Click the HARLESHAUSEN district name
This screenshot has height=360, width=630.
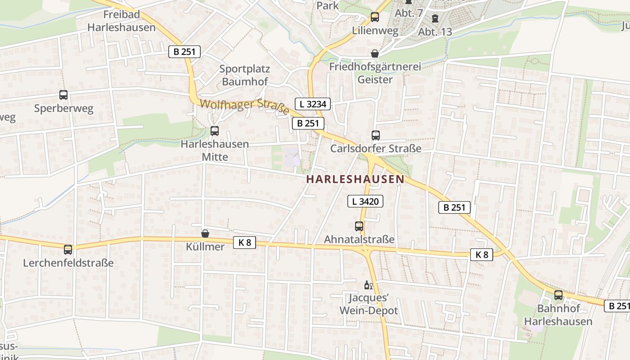pyautogui.click(x=355, y=179)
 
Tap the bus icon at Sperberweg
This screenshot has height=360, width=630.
pyautogui.click(x=63, y=95)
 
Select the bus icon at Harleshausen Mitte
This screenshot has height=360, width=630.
pyautogui.click(x=215, y=131)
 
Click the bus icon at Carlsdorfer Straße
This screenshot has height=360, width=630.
pyautogui.click(x=375, y=135)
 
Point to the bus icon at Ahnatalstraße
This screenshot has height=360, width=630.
pyautogui.click(x=359, y=226)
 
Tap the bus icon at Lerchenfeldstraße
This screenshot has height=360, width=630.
pyautogui.click(x=68, y=249)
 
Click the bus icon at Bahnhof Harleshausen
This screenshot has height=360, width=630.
pyautogui.click(x=558, y=295)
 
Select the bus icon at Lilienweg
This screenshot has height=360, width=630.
pyautogui.click(x=375, y=18)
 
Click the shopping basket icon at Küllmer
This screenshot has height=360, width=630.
pyautogui.click(x=205, y=234)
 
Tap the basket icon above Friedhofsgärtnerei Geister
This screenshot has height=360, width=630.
pyautogui.click(x=375, y=54)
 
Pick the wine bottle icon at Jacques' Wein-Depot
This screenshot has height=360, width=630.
pyautogui.click(x=368, y=285)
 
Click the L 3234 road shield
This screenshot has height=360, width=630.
pyautogui.click(x=313, y=104)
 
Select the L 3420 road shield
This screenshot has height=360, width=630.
pyautogui.click(x=365, y=202)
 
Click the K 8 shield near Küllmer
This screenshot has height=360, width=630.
pyautogui.click(x=244, y=243)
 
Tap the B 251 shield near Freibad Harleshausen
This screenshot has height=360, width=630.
pyautogui.click(x=184, y=52)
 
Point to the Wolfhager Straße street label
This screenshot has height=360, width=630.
pyautogui.click(x=244, y=107)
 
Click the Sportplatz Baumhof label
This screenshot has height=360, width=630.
pyautogui.click(x=245, y=75)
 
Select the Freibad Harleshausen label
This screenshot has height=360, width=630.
pyautogui.click(x=121, y=21)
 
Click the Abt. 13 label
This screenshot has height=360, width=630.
pyautogui.click(x=435, y=31)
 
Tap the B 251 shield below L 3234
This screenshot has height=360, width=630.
pyautogui.click(x=308, y=123)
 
